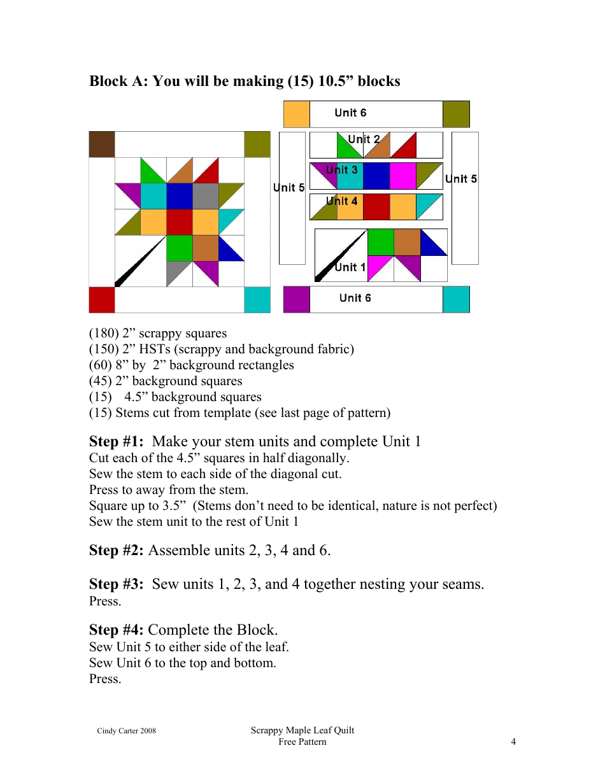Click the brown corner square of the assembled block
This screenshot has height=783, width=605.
pos(102,145)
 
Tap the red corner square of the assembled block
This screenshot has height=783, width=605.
pos(102,300)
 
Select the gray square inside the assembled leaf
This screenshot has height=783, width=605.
pos(205,196)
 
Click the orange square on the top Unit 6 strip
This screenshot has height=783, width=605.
pos(296,114)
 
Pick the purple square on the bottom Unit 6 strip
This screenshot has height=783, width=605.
pos(296,299)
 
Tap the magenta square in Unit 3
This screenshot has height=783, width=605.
pos(402,176)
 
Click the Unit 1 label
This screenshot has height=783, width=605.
pos(350,267)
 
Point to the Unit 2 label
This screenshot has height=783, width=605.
pos(364,139)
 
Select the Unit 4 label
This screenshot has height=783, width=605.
pos(342,201)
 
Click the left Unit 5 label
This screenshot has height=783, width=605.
pos(289,187)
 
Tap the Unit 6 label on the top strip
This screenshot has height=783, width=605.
pos(350,113)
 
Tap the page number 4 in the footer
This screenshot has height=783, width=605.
pos(513,742)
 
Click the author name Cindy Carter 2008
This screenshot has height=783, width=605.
pos(126,731)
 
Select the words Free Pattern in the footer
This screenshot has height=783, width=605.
pos(302,742)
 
